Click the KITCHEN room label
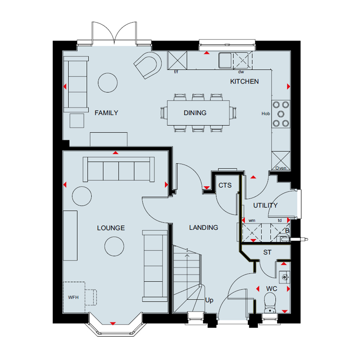click(244, 82)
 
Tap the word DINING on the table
click(195, 113)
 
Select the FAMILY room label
click(106, 113)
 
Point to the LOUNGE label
click(111, 228)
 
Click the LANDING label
click(204, 227)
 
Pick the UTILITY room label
click(265, 205)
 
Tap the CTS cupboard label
click(225, 185)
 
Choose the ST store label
click(267, 252)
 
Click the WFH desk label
click(73, 297)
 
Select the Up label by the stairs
click(209, 300)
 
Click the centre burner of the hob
click(281, 114)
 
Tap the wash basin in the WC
click(284, 277)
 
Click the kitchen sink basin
click(225, 60)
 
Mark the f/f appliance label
click(176, 72)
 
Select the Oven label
click(281, 168)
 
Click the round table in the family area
click(108, 83)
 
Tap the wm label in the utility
click(252, 220)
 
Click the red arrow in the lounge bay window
click(113, 323)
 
